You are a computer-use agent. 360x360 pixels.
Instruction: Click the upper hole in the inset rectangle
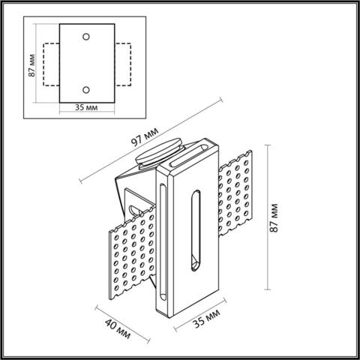[86, 35]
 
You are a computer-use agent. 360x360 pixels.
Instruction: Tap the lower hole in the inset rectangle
[86, 89]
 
